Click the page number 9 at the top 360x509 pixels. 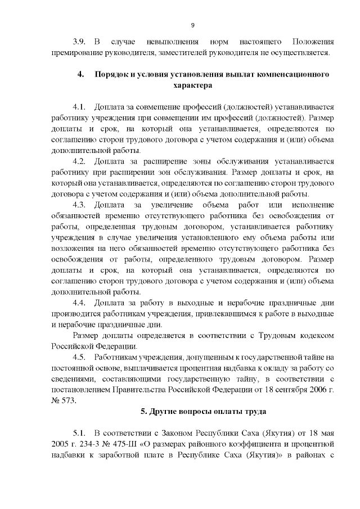192,25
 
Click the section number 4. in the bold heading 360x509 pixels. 81,74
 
